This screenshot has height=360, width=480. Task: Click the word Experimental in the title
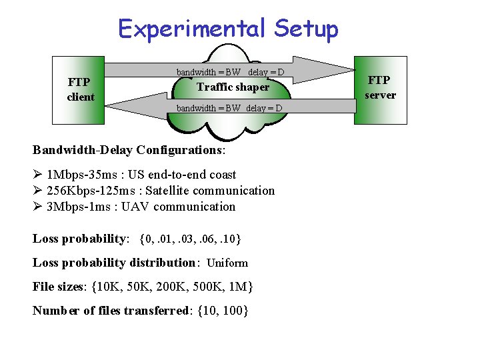(191, 29)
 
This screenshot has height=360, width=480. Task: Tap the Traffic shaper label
(233, 87)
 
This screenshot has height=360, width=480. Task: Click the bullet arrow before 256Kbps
(37, 191)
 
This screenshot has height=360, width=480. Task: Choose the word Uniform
(227, 263)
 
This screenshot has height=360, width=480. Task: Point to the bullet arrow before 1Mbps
(37, 175)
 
